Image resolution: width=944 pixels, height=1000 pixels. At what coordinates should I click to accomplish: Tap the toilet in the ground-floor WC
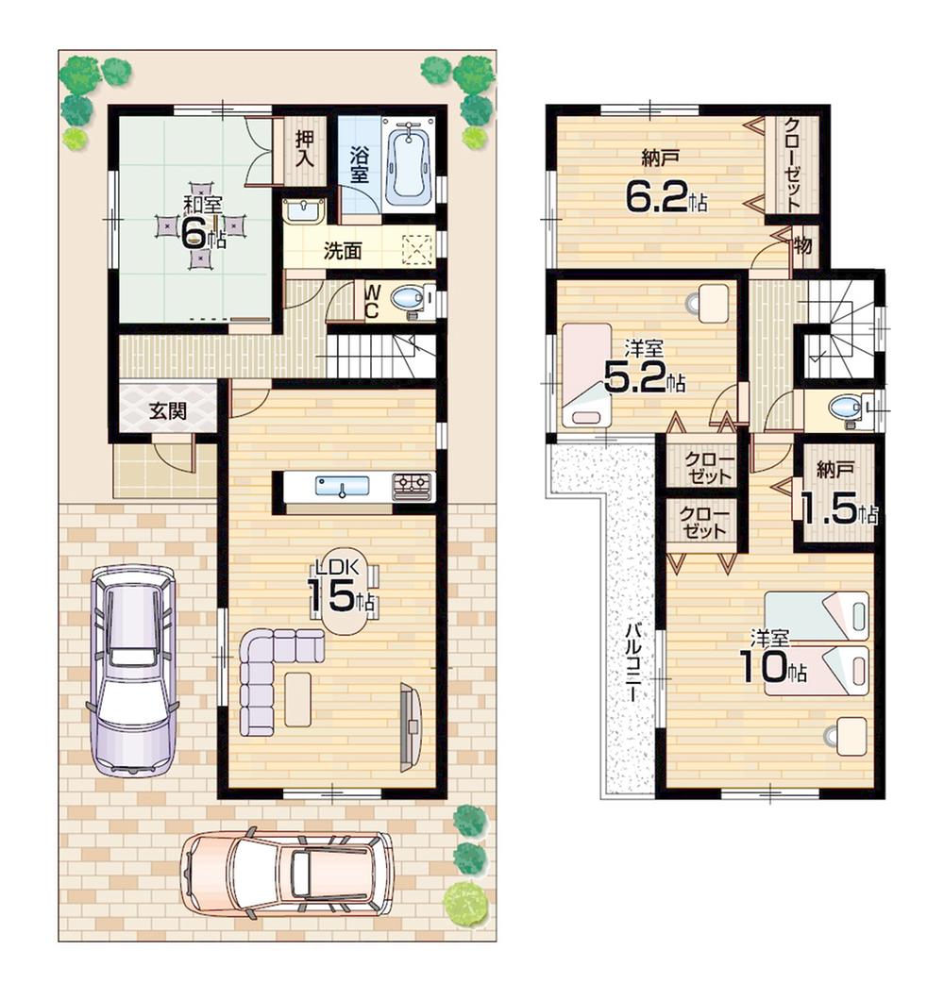[408, 299]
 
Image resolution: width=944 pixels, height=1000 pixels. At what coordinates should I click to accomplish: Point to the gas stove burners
[413, 486]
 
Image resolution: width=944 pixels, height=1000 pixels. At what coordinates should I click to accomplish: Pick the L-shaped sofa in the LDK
[269, 675]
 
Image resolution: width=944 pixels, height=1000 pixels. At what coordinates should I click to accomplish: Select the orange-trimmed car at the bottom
[288, 873]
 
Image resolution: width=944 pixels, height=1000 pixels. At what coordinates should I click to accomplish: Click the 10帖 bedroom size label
[771, 667]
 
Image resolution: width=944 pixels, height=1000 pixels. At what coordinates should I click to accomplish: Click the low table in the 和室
[200, 229]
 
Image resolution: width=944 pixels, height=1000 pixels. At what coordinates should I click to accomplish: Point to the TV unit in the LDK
[410, 725]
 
